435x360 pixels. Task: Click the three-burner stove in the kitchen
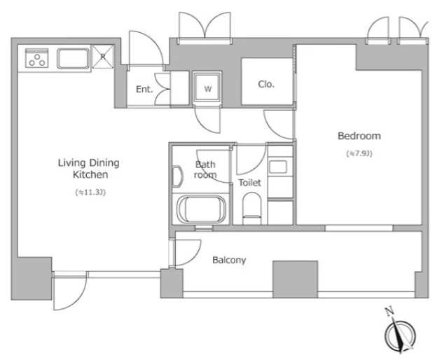pyautogui.click(x=36, y=58)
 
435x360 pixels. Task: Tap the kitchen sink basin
pyautogui.click(x=73, y=58)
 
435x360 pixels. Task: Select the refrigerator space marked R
pyautogui.click(x=103, y=57)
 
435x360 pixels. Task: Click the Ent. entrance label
pyautogui.click(x=144, y=90)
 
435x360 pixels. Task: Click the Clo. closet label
pyautogui.click(x=266, y=84)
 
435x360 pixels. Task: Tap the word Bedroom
pyautogui.click(x=359, y=136)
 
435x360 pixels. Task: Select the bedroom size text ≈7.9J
pyautogui.click(x=359, y=153)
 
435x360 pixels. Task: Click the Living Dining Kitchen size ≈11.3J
pyautogui.click(x=90, y=192)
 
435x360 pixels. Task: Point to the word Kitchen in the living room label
pyautogui.click(x=90, y=174)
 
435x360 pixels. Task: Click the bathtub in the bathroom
pyautogui.click(x=201, y=209)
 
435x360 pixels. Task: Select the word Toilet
pyautogui.click(x=249, y=183)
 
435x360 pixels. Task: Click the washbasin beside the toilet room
pyautogui.click(x=277, y=167)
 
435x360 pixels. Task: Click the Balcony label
pyautogui.click(x=229, y=260)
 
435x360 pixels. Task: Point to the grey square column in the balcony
pyautogui.click(x=295, y=279)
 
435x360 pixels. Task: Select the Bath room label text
pyautogui.click(x=205, y=169)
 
